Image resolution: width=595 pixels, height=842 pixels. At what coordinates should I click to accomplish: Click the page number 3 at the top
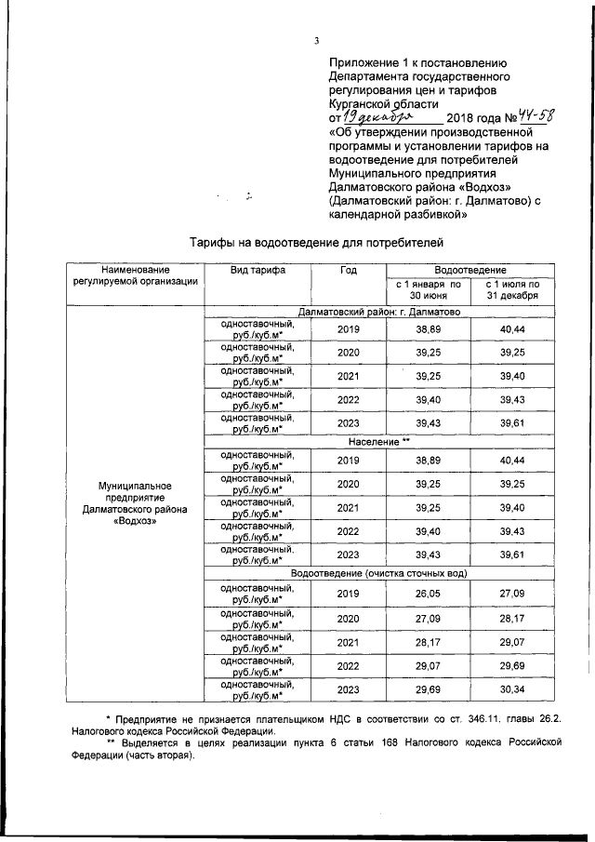(x=316, y=40)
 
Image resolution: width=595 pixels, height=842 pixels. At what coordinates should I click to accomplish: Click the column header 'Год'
(x=348, y=270)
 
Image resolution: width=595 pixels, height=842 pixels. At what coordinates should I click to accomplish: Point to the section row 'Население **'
(x=378, y=440)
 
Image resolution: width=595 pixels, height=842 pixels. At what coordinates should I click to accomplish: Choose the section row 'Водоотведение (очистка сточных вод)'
(x=378, y=573)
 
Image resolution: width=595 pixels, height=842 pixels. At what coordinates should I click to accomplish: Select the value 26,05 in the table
(x=428, y=593)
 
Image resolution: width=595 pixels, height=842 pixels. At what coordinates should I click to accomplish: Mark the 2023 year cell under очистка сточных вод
(x=348, y=690)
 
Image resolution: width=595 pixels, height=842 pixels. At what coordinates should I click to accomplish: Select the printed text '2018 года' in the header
(x=472, y=118)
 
